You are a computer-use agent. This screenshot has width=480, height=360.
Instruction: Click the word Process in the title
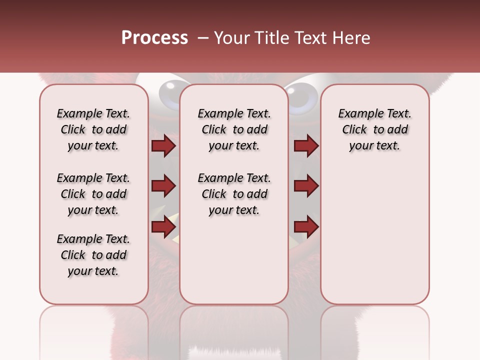pos(154,38)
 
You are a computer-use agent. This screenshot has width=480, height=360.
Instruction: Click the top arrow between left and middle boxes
pos(163,146)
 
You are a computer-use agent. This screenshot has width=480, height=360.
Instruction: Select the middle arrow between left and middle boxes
pos(163,186)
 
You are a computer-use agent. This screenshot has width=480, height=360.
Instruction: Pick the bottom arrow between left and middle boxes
pos(163,226)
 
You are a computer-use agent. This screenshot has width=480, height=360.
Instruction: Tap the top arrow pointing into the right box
pos(306,146)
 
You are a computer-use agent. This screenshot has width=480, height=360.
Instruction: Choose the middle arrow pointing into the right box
pos(306,186)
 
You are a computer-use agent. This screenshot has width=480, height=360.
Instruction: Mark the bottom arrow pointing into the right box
pos(306,226)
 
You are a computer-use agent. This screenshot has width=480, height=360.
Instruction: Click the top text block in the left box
pos(93,129)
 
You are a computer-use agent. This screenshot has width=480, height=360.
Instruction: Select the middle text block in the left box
pos(93,194)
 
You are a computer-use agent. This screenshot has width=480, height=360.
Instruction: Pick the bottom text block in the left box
pos(93,255)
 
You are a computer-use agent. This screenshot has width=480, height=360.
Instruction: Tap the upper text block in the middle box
pos(234,129)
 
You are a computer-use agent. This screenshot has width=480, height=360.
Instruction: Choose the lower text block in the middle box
pos(234,194)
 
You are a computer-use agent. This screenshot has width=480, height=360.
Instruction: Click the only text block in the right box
pos(375,129)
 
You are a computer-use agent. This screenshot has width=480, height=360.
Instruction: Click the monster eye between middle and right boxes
pos(303,95)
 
